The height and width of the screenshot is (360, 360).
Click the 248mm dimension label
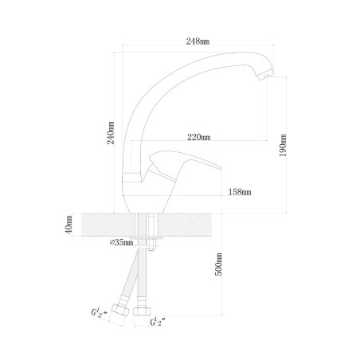click(x=198, y=41)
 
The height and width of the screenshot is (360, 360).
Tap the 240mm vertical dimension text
click(x=111, y=133)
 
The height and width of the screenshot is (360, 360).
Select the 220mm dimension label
click(x=199, y=137)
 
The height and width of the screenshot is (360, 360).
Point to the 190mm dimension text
click(x=283, y=145)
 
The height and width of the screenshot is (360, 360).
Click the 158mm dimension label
click(x=240, y=192)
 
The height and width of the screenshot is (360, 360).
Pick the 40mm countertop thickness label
click(x=68, y=225)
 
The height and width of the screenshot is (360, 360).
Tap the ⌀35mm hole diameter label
click(x=122, y=242)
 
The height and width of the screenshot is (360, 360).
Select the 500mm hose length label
click(x=218, y=264)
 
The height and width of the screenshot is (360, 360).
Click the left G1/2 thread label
click(x=99, y=313)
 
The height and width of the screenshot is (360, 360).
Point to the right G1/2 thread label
click(x=158, y=323)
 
